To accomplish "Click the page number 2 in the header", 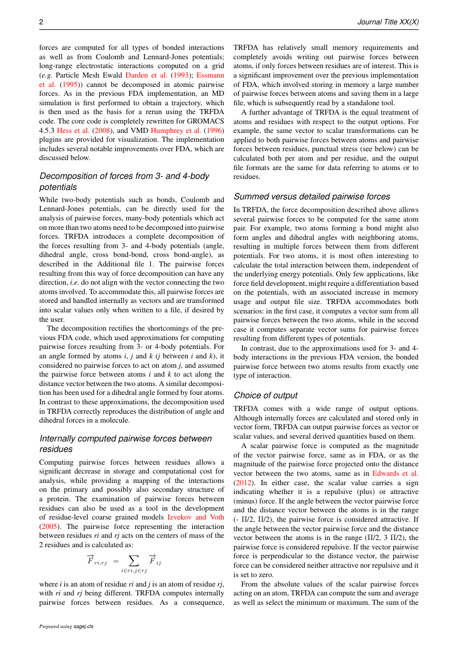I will (41, 22).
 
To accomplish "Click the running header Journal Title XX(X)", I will (388, 22).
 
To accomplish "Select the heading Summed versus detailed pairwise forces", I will (312, 196).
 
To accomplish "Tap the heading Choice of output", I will (265, 395).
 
